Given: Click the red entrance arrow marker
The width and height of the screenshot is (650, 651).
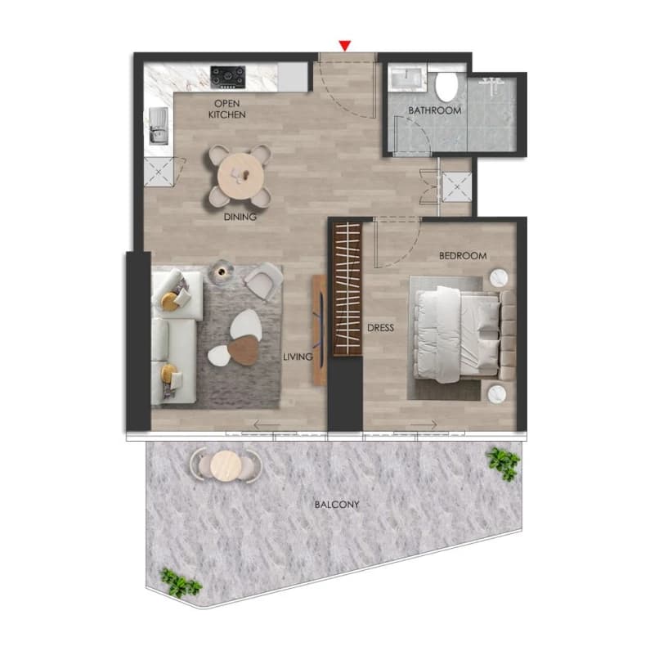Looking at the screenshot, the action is pos(345,46).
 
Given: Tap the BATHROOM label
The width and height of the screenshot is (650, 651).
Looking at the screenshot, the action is pos(435,110).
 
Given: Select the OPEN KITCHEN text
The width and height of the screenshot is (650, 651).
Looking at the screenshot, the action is pos(227,109).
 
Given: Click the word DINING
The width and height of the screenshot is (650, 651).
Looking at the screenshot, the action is pos(240,217).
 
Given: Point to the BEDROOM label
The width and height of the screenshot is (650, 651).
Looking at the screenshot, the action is pos(463,256).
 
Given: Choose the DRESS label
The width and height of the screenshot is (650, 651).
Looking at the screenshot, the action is pos(381,328).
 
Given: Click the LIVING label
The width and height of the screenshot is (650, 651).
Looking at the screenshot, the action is pos(298,357).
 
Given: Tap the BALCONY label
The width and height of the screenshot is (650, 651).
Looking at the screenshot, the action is pos(337,505).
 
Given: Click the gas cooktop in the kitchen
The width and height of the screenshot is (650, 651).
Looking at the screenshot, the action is pos(227,77).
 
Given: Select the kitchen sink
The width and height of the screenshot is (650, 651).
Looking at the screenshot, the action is pos(159,126).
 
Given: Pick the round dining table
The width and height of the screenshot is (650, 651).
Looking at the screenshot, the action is pos(240,176).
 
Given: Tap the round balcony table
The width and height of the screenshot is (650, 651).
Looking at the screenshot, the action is pos(226,465).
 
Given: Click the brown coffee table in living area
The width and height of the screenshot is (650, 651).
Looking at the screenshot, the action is pos(244,350).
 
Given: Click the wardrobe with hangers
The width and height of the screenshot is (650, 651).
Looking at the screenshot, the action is pos(347,289).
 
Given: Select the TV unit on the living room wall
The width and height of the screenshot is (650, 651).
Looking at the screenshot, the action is pos(319,330).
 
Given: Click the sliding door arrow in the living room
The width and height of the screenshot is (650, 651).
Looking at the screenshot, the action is pos(267,424).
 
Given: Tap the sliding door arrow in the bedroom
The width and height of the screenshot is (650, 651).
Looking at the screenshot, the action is pos(424,424).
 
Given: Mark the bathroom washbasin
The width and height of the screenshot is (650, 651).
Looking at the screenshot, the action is pos(406,79).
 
